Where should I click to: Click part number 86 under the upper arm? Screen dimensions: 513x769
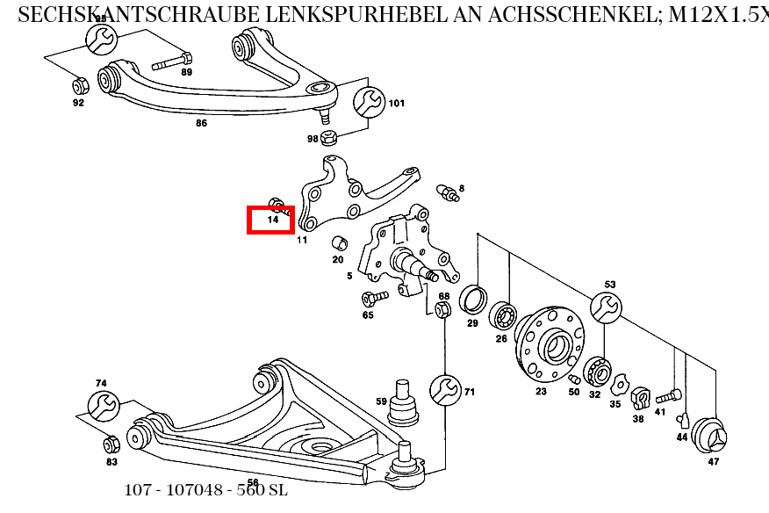point(201,123)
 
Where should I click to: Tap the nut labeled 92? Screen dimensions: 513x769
point(77,86)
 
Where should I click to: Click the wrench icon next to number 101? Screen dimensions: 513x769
point(369,102)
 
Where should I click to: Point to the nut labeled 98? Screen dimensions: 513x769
point(330,138)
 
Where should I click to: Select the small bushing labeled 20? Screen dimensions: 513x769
point(337,243)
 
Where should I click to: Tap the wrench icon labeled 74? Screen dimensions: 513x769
point(103,406)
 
